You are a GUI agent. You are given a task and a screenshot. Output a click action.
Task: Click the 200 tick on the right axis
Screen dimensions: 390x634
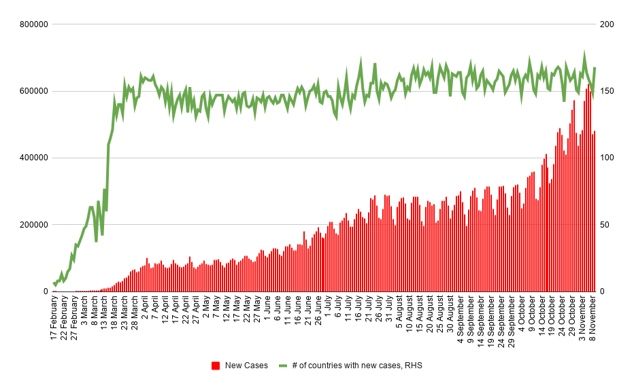[x=607, y=24]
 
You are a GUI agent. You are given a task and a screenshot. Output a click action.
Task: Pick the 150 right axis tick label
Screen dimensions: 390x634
[x=607, y=91]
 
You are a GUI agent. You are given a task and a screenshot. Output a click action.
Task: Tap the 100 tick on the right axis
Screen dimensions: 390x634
[x=607, y=158]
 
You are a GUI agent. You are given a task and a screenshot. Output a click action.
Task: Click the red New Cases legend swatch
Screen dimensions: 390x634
[x=216, y=366]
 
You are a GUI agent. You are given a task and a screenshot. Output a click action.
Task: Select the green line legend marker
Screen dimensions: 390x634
[x=284, y=366]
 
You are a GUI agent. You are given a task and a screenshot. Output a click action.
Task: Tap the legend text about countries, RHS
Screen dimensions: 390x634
[x=357, y=366]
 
